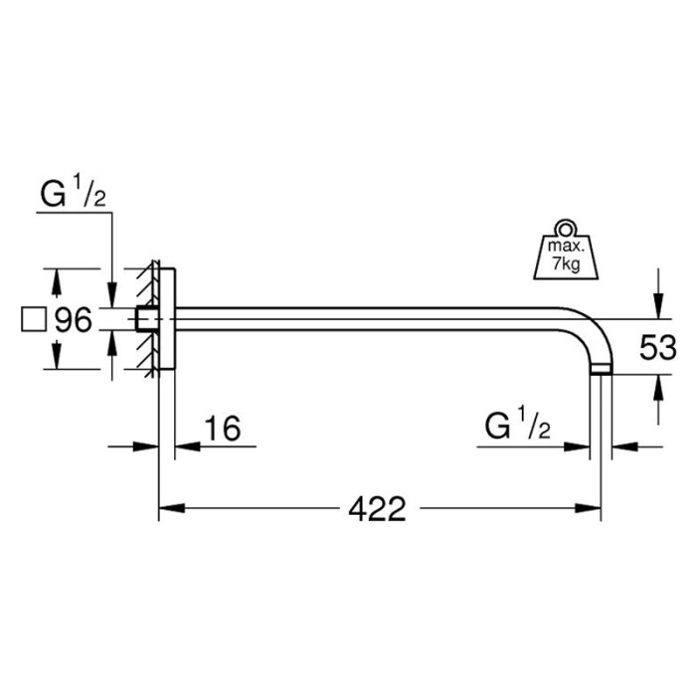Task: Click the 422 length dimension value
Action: click(x=377, y=510)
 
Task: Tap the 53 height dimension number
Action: click(x=657, y=348)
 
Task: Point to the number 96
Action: click(x=74, y=320)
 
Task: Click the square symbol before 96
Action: click(x=33, y=320)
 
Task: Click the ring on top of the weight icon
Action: click(x=565, y=226)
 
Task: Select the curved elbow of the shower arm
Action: click(x=594, y=333)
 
